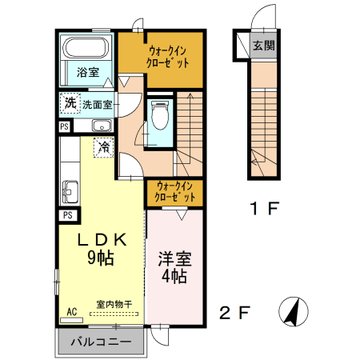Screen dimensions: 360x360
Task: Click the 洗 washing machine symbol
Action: pyautogui.click(x=70, y=103)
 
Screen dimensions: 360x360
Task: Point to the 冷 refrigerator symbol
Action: pyautogui.click(x=103, y=147)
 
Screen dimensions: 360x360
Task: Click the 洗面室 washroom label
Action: pyautogui.click(x=97, y=104)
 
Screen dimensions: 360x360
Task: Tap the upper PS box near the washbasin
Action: pyautogui.click(x=64, y=126)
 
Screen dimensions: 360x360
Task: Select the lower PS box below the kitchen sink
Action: pyautogui.click(x=68, y=215)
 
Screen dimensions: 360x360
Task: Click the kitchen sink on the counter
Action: pyautogui.click(x=69, y=192)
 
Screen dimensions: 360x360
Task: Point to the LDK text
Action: pyautogui.click(x=102, y=239)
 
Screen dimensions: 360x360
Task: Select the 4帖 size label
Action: pyautogui.click(x=174, y=277)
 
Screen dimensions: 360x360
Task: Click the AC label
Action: pyautogui.click(x=71, y=311)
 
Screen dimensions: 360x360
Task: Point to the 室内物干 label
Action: pyautogui.click(x=114, y=304)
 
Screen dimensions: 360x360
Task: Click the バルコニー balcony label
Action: pyautogui.click(x=100, y=342)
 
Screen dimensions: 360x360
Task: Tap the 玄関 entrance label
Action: pyautogui.click(x=263, y=45)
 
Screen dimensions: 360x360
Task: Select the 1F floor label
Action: pyautogui.click(x=262, y=210)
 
